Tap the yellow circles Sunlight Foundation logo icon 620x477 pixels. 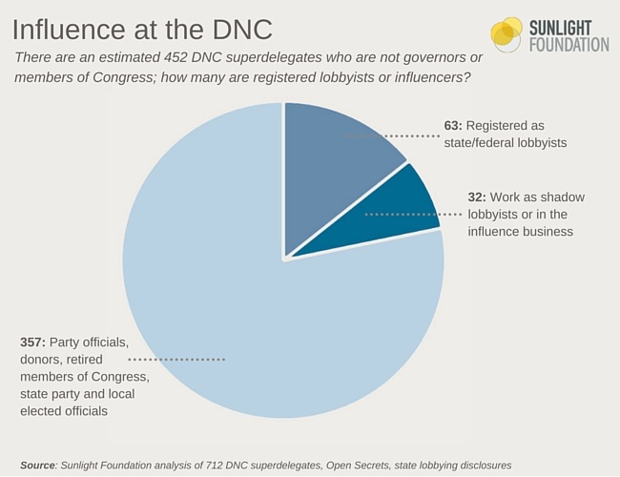tap(506, 34)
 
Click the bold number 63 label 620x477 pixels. tap(452, 125)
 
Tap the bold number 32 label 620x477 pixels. tap(476, 197)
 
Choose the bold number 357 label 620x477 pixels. tap(34, 342)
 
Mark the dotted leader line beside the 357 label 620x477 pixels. tap(176, 360)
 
